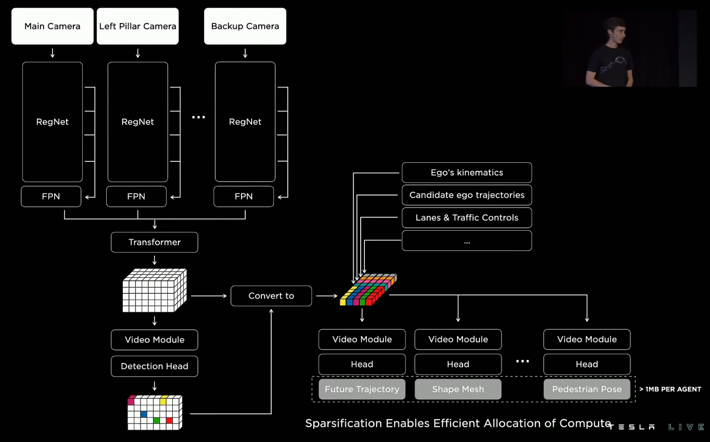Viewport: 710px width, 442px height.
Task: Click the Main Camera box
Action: tap(52, 26)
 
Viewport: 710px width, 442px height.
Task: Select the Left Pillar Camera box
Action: tap(137, 26)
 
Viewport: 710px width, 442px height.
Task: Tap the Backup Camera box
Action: tap(245, 26)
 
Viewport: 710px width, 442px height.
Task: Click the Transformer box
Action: tap(154, 242)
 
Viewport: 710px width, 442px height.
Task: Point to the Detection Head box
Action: tap(154, 367)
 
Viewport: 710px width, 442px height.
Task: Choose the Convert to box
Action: tap(271, 296)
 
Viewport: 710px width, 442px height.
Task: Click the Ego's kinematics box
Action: tap(466, 173)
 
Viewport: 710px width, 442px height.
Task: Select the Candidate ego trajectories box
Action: tap(466, 195)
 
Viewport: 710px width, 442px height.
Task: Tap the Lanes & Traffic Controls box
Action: tap(466, 218)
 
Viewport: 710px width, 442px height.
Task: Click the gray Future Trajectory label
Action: tap(362, 390)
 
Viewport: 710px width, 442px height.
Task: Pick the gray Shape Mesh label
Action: tap(458, 390)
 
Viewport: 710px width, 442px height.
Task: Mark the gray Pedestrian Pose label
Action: tap(587, 390)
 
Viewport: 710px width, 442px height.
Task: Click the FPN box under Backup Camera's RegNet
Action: tap(244, 197)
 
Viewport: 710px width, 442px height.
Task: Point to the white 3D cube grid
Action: tap(154, 291)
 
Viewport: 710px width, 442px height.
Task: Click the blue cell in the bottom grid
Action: tap(144, 414)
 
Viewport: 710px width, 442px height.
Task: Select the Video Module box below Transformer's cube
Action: tap(154, 340)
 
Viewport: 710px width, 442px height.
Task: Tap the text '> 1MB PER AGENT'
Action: tap(670, 390)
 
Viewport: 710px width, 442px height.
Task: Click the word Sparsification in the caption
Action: tap(343, 424)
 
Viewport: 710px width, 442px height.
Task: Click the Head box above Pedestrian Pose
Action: tap(587, 365)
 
